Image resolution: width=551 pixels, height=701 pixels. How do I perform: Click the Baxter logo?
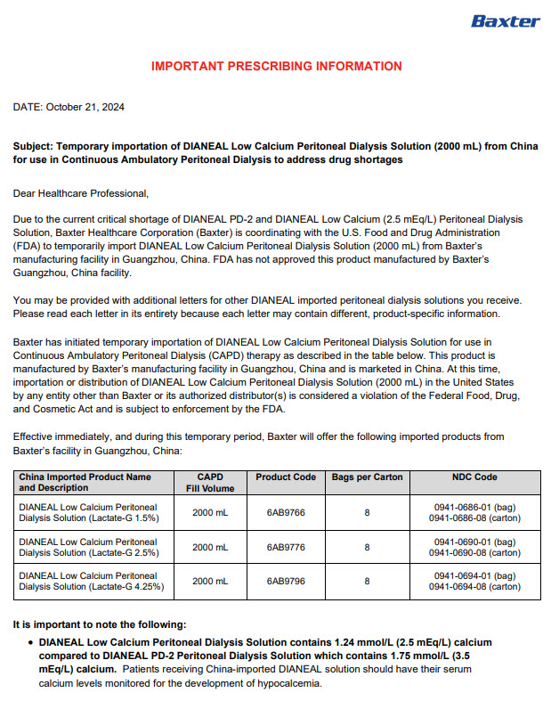pos(505,20)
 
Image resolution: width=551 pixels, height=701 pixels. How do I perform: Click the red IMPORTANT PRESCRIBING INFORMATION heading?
pos(276,67)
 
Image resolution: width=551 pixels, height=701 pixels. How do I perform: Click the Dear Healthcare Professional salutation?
pos(81,192)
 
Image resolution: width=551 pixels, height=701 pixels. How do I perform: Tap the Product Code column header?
pos(286,477)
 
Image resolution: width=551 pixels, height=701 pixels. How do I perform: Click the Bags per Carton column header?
pos(367,477)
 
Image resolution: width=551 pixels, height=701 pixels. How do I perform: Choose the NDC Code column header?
pos(474,477)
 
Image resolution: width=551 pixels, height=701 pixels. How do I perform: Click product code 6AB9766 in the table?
pos(286,512)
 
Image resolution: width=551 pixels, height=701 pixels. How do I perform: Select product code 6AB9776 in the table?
pos(286,547)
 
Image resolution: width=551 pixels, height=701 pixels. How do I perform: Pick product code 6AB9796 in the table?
pos(286,582)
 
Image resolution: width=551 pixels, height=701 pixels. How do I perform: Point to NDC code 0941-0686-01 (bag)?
pos(474,507)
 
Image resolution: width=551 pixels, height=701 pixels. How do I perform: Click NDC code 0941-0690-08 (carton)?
pos(474,552)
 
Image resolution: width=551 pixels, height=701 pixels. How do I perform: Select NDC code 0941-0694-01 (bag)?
pos(474,576)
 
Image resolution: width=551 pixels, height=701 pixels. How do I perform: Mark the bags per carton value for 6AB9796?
pos(367,582)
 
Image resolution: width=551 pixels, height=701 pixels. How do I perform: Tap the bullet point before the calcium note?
pos(30,642)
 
